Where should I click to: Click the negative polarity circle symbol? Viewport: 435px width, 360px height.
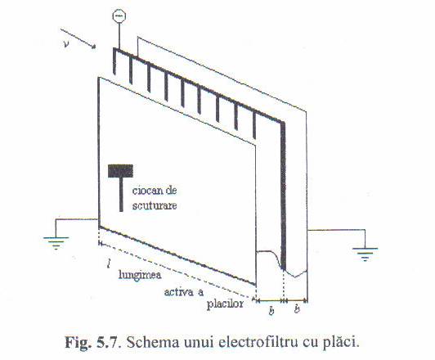point(119,16)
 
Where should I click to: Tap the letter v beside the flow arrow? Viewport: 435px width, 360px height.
point(66,43)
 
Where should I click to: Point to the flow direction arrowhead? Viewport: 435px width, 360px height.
point(93,46)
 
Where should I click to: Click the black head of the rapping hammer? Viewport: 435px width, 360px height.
point(120,171)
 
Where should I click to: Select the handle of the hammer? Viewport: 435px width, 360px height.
point(121,195)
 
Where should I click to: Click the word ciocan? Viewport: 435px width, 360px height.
point(146,191)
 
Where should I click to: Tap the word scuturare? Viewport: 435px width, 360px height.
point(155,205)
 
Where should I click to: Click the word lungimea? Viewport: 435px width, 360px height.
point(140,276)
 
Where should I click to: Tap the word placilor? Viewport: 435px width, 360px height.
point(225,304)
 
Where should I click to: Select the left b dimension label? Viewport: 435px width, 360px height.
point(271,310)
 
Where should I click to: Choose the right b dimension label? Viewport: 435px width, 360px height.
point(297,308)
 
